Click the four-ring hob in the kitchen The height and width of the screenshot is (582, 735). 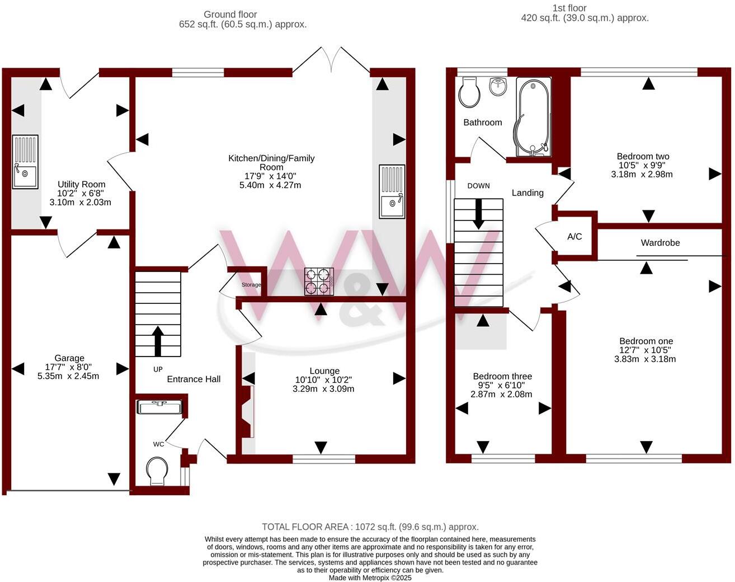pyautogui.click(x=319, y=281)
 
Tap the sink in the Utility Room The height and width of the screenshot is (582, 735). pyautogui.click(x=25, y=162)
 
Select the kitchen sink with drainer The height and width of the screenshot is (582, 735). pyautogui.click(x=392, y=191)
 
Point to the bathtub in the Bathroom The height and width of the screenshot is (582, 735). pyautogui.click(x=533, y=117)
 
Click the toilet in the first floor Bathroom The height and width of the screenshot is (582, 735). pyautogui.click(x=468, y=92)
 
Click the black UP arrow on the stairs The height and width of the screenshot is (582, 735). pyautogui.click(x=158, y=341)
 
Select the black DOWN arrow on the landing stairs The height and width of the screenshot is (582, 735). pyautogui.click(x=479, y=214)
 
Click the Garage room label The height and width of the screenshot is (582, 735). pyautogui.click(x=69, y=358)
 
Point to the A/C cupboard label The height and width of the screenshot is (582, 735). pyautogui.click(x=574, y=237)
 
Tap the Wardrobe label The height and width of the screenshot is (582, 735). pyautogui.click(x=660, y=243)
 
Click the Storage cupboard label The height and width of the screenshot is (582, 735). pyautogui.click(x=251, y=285)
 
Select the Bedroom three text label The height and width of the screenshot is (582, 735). pyautogui.click(x=502, y=377)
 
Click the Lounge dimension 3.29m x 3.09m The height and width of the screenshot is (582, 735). pyautogui.click(x=323, y=389)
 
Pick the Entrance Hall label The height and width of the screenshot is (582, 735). pyautogui.click(x=194, y=379)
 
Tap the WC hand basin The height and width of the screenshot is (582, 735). pyautogui.click(x=161, y=407)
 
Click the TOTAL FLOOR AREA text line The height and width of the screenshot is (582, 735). pyautogui.click(x=370, y=527)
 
